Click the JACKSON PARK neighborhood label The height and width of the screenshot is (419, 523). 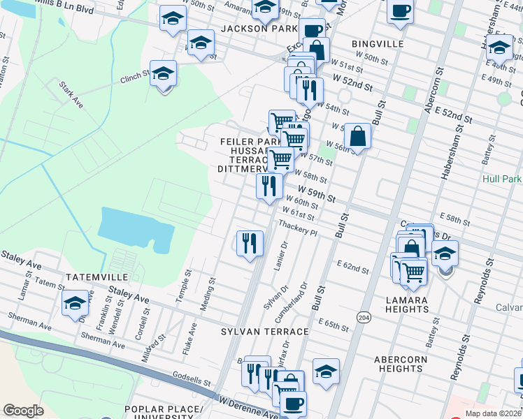(259, 29)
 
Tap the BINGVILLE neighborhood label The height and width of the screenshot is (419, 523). (378, 43)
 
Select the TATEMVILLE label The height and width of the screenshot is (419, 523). (94, 277)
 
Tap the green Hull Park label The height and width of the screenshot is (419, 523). (502, 179)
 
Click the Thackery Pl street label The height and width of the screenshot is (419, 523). (299, 228)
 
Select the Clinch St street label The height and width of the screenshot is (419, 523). (135, 74)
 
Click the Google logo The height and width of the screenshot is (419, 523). (23, 411)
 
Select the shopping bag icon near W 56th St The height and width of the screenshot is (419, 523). (357, 137)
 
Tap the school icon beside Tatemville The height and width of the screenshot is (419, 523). (75, 304)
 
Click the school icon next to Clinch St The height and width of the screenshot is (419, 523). (164, 74)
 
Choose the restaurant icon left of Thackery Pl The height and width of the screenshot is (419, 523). (250, 244)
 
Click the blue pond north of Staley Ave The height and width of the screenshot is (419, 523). (136, 230)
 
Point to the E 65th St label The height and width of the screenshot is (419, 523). (333, 324)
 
